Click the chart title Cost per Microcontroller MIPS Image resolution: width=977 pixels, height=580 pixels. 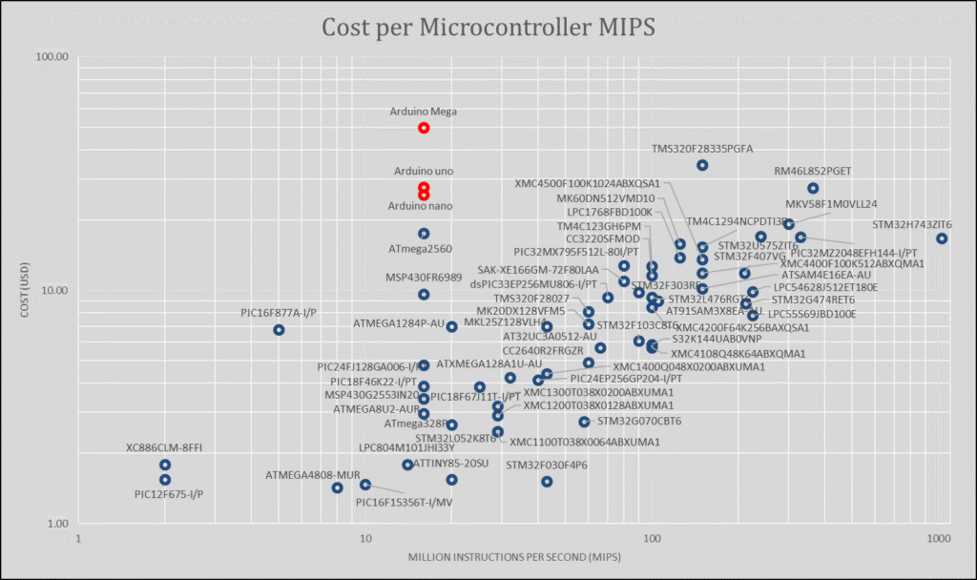488,27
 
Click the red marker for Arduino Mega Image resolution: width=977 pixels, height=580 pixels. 424,128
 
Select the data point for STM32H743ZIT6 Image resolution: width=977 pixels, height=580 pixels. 942,238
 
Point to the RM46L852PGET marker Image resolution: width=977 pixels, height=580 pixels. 813,189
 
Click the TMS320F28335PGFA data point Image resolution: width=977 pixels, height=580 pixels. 702,165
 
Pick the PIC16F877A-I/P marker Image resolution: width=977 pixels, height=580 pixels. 279,330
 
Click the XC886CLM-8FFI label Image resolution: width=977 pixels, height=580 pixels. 164,447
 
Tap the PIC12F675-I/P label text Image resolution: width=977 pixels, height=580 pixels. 169,494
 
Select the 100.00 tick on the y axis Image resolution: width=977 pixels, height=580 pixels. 53,56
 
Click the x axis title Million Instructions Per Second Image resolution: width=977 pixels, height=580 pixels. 509,556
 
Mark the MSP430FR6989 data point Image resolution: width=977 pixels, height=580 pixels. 424,295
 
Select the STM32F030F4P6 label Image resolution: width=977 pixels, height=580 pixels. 547,466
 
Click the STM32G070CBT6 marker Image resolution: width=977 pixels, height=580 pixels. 584,422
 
